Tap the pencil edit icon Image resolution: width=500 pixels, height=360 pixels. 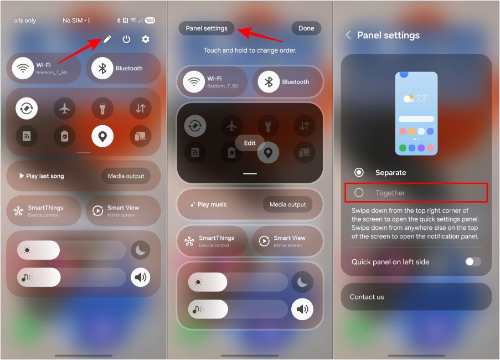point(107,39)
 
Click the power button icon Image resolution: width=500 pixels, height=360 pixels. point(127,39)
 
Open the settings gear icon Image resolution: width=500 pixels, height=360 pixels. point(146,39)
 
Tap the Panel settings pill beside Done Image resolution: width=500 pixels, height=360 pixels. point(207,28)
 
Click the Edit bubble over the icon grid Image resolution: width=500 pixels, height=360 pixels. point(250,143)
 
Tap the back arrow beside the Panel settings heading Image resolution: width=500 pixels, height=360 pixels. point(348,35)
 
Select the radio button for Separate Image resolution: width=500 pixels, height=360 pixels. point(359,172)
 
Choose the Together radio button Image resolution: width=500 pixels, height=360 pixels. point(359,193)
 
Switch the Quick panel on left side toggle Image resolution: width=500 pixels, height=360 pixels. point(473,261)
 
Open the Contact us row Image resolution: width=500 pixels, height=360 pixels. point(416,297)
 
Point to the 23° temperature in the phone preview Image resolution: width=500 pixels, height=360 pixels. point(422,98)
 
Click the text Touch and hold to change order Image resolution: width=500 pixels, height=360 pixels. point(250,50)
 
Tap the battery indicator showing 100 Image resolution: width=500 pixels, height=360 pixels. point(150,20)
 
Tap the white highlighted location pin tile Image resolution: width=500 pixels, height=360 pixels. point(102,136)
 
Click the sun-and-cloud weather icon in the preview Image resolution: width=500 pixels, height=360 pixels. point(409,99)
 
